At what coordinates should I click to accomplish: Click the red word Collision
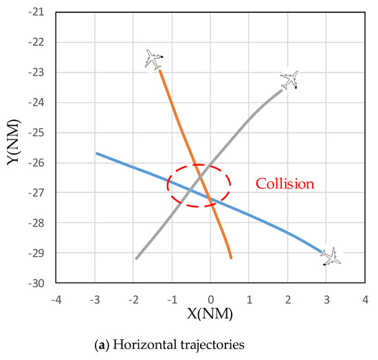[285, 184]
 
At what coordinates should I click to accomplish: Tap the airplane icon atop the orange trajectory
[155, 59]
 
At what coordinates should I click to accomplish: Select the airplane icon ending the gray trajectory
[290, 79]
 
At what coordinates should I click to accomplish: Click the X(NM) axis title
[209, 315]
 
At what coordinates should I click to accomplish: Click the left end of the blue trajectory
[96, 153]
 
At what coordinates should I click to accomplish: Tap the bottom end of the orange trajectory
[231, 258]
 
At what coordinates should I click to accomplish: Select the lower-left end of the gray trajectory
[136, 258]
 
